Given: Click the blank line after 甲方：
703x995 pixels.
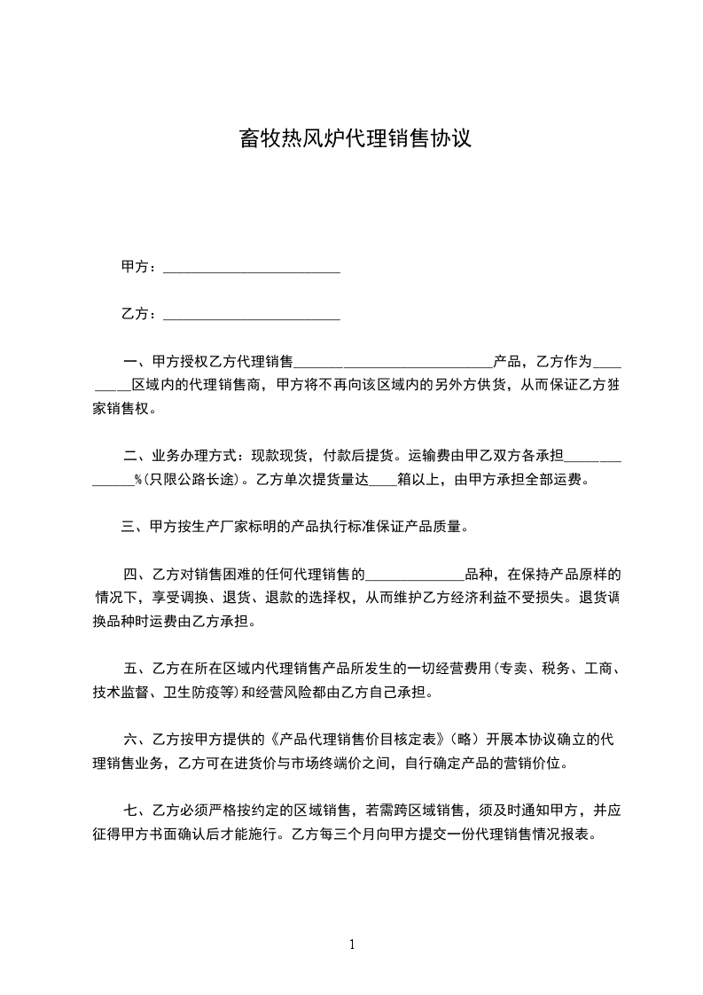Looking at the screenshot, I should (252, 268).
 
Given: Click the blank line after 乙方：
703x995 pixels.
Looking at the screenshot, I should (252, 314).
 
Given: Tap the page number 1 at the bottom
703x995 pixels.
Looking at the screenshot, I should (352, 945).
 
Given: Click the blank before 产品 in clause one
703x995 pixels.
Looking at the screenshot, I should (393, 364).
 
